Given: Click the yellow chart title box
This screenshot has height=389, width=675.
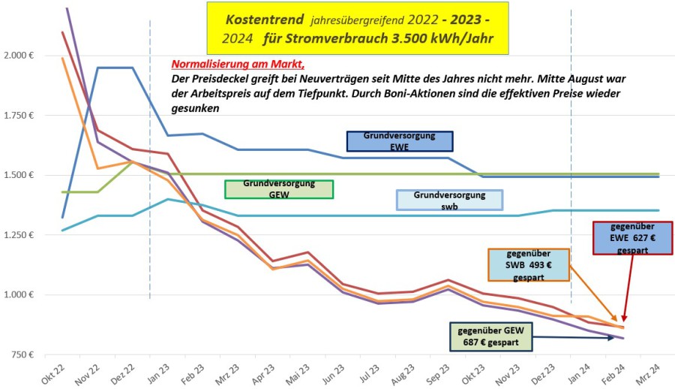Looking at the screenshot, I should [x=358, y=27].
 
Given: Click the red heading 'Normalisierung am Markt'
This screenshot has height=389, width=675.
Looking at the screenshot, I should [x=238, y=65].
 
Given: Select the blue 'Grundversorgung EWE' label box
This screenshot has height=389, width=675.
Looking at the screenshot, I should [x=400, y=140].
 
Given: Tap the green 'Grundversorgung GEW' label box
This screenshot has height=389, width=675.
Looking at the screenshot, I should [x=278, y=188].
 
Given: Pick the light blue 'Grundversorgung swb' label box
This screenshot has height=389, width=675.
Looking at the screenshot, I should [x=449, y=199].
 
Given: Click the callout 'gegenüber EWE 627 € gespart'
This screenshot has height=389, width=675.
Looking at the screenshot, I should [x=633, y=238].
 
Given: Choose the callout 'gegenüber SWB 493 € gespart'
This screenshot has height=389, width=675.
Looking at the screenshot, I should [x=529, y=264].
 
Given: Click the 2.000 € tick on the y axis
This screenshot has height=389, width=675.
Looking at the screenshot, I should [x=20, y=56].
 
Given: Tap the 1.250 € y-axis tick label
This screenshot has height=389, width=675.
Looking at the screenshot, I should [x=20, y=235].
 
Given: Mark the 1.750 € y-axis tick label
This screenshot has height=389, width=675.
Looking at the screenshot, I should [x=20, y=116].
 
